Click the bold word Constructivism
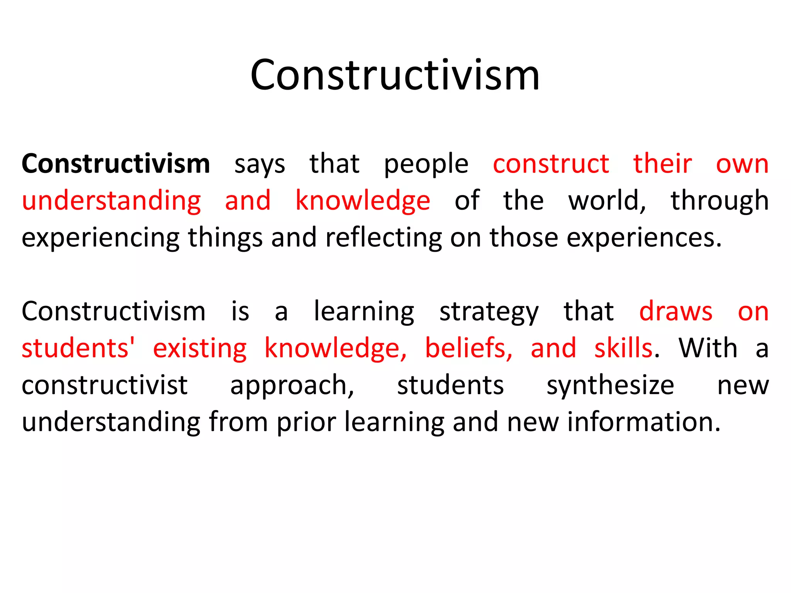pos(115,164)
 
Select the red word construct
pos(551,164)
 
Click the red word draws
pos(676,311)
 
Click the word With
pos(708,348)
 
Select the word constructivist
pos(104,385)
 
